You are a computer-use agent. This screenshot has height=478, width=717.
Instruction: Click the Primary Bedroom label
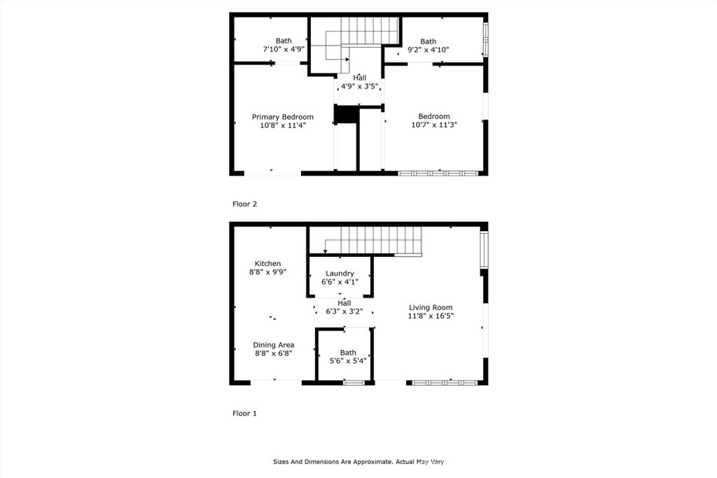click(282, 117)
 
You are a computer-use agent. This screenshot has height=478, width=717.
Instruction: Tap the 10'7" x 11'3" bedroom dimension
click(434, 125)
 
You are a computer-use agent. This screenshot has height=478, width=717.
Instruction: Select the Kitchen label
click(267, 264)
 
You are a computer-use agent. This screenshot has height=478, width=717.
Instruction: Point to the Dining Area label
click(273, 345)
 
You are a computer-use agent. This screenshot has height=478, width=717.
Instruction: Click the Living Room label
click(431, 307)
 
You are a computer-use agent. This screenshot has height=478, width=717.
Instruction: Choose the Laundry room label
click(340, 274)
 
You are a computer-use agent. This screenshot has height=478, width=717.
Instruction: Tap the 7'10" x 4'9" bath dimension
click(283, 50)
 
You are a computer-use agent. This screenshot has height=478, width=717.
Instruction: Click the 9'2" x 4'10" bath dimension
click(428, 50)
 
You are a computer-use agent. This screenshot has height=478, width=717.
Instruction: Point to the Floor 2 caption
click(244, 204)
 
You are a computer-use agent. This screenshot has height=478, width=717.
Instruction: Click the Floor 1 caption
click(244, 414)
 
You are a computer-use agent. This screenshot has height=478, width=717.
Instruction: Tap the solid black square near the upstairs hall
click(346, 114)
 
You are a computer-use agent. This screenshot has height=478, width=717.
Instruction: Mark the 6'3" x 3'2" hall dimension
click(344, 311)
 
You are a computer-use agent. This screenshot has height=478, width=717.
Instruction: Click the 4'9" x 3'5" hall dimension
click(359, 87)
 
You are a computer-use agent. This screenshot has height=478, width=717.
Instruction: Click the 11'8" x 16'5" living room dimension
click(431, 316)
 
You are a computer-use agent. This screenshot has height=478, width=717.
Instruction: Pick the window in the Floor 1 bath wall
click(354, 382)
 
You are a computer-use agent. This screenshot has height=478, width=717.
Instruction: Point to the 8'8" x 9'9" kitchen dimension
click(267, 272)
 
